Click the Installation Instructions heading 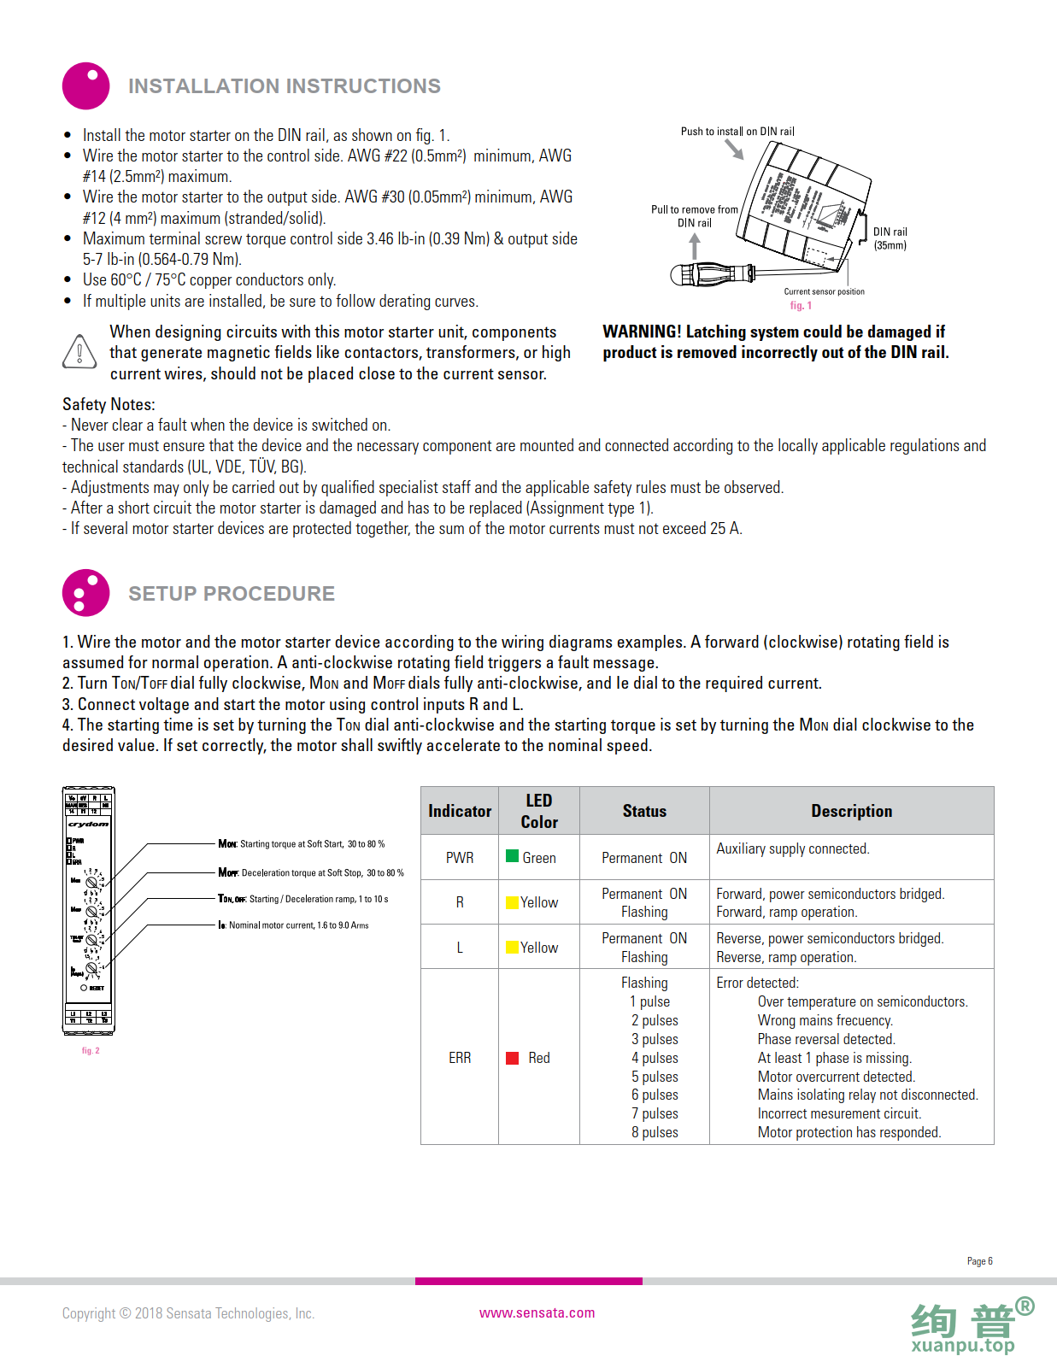click(x=284, y=86)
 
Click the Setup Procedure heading click(x=231, y=594)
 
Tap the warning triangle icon click(x=79, y=351)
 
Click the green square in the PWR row click(x=513, y=856)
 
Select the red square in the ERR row click(x=513, y=1058)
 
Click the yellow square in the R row click(x=513, y=902)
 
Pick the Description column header click(x=851, y=811)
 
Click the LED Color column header click(x=538, y=811)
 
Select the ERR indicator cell click(x=460, y=1058)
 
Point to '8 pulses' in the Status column click(x=655, y=1132)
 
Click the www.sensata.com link click(x=537, y=1312)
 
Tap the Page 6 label click(x=979, y=1261)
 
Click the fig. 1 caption click(x=801, y=306)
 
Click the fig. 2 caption click(x=91, y=1051)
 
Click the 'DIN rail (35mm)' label click(x=890, y=238)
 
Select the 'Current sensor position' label click(x=824, y=291)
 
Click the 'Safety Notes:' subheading click(x=109, y=404)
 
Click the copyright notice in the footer click(x=188, y=1313)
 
